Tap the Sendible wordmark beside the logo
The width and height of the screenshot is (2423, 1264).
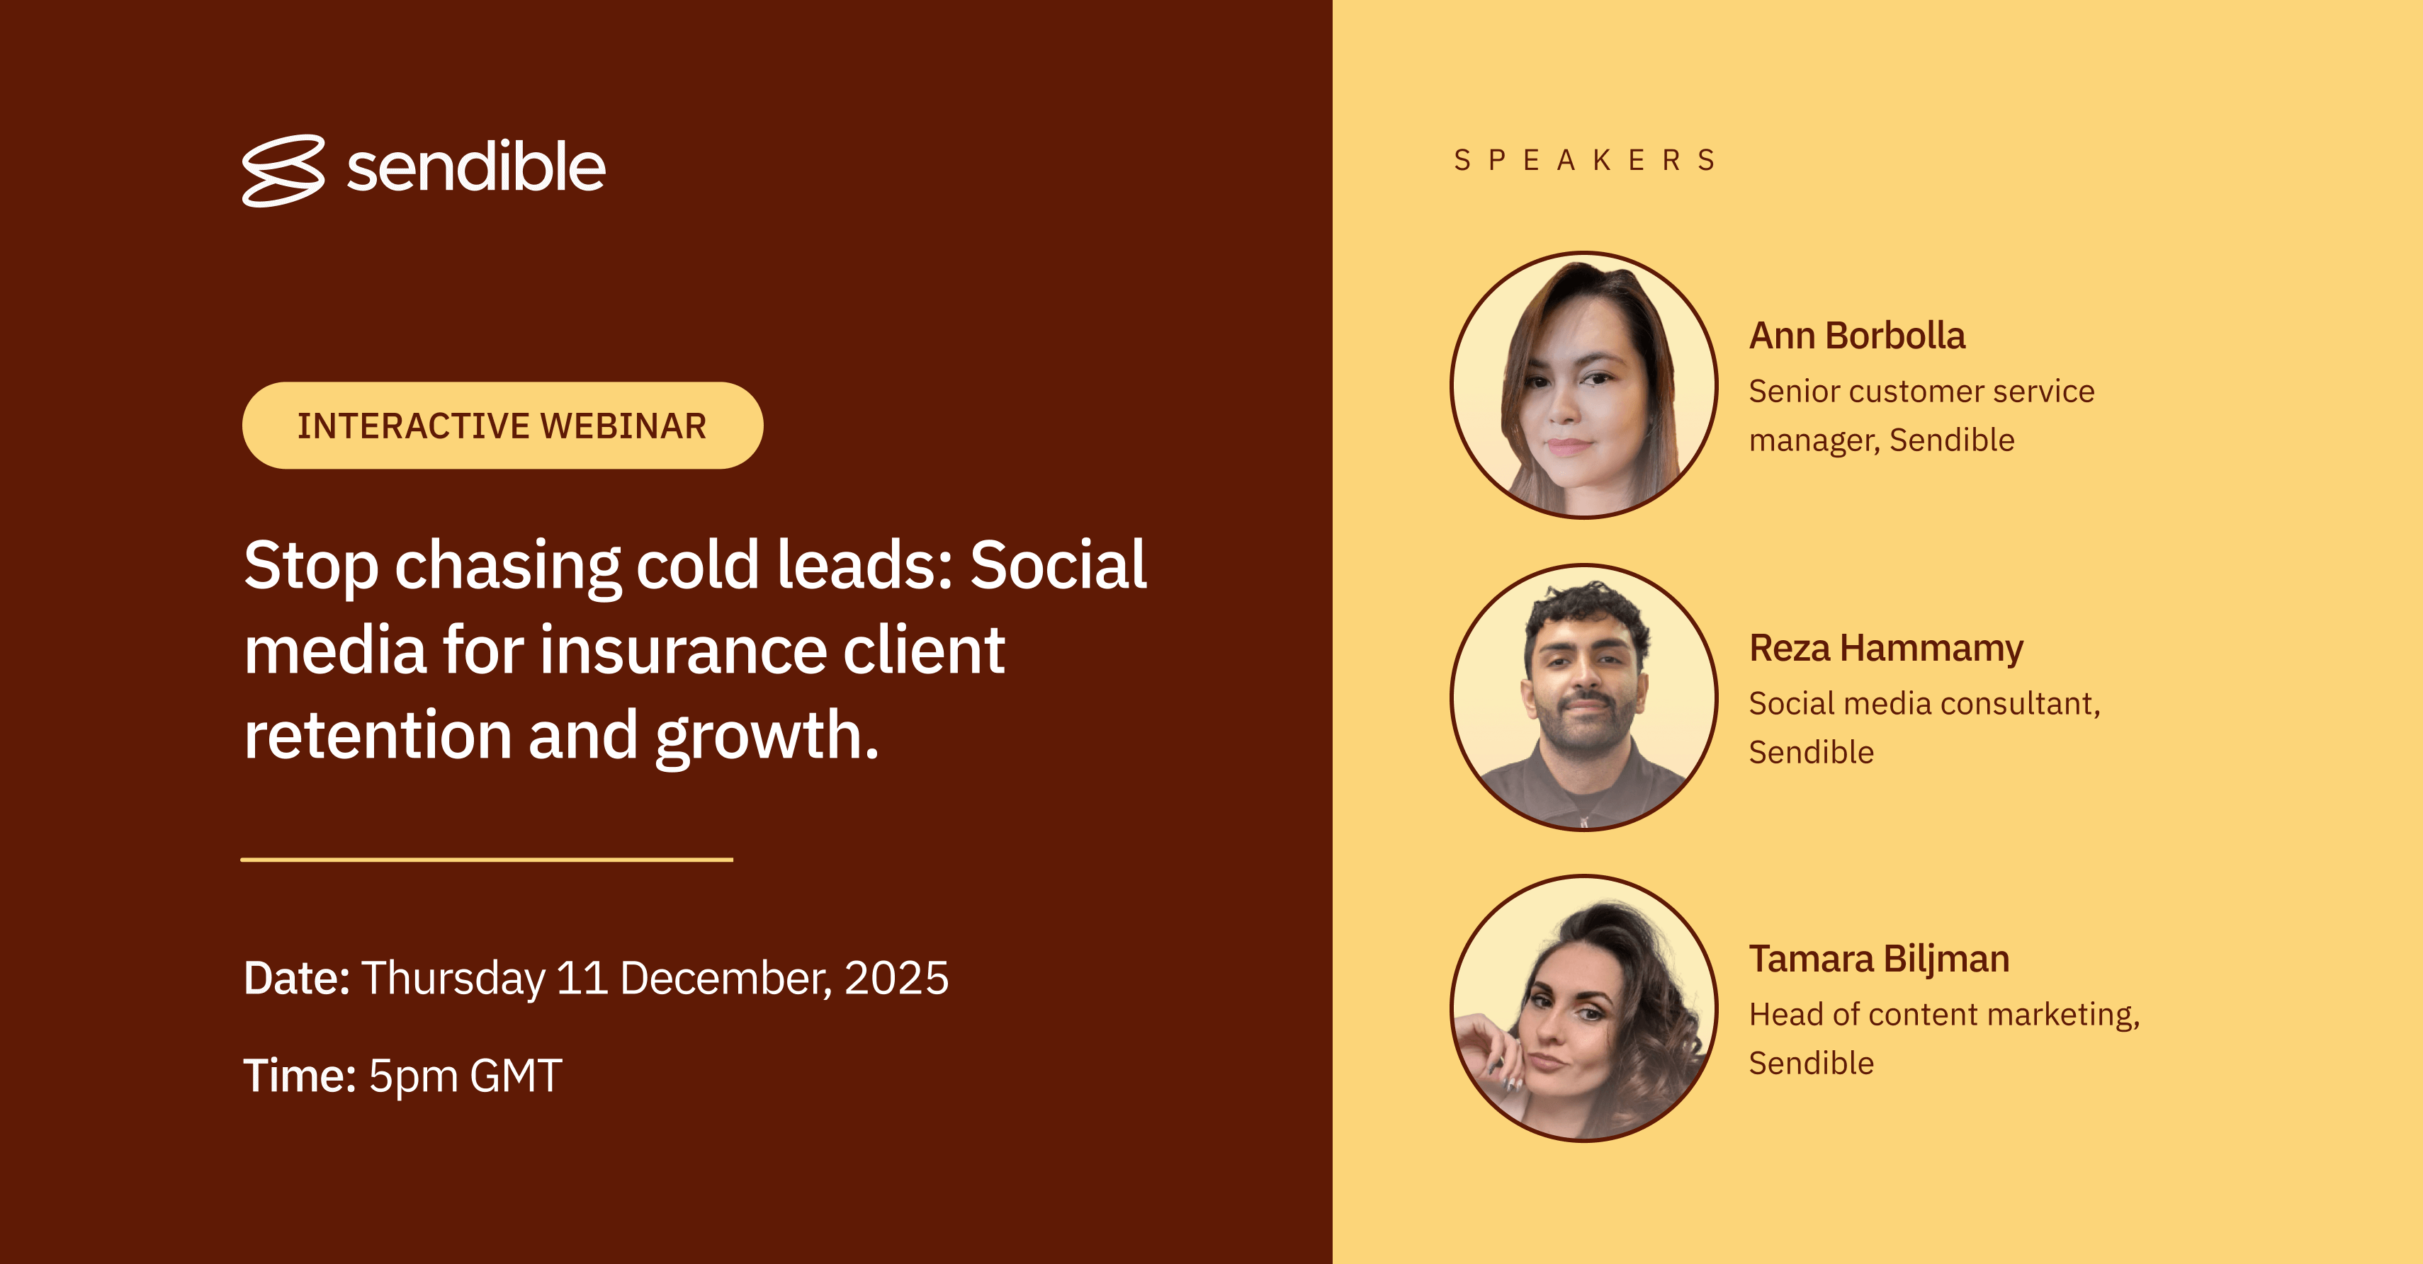476,167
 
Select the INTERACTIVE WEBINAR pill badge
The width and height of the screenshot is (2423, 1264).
502,425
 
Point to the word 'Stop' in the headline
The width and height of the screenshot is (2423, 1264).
311,566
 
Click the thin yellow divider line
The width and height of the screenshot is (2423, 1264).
486,860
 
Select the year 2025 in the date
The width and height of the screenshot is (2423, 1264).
896,978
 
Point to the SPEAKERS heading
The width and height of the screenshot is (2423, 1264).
1585,161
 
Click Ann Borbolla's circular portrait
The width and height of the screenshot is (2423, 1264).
1584,385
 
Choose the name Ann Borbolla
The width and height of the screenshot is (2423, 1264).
1857,336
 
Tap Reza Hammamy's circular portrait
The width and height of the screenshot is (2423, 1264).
1584,697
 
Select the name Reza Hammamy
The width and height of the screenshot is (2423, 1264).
1886,649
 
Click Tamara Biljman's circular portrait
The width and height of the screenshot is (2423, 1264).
1584,1008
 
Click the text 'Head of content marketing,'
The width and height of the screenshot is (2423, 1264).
1944,1015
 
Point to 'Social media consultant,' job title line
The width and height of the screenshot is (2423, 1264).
1924,703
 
